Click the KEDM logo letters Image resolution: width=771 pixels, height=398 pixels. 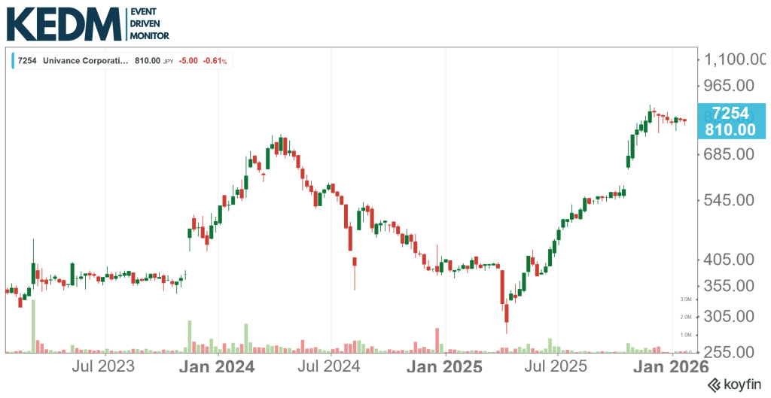click(x=63, y=24)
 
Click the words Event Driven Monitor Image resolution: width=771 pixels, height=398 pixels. click(x=150, y=24)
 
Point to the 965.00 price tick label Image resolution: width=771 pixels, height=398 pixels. click(x=730, y=85)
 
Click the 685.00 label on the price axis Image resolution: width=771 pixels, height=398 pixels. click(x=730, y=153)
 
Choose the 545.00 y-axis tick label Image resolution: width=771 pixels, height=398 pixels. click(x=730, y=200)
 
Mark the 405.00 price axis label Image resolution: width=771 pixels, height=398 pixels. click(x=730, y=259)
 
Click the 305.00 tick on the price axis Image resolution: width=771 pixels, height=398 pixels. click(x=730, y=316)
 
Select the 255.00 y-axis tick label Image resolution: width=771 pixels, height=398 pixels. click(x=730, y=351)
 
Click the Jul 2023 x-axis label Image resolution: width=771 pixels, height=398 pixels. click(x=103, y=367)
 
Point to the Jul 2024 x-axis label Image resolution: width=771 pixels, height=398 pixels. click(x=330, y=367)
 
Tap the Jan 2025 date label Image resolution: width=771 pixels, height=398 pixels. click(x=443, y=367)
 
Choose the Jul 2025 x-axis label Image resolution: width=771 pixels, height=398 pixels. click(x=556, y=367)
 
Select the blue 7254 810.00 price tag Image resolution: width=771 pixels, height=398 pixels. click(x=730, y=121)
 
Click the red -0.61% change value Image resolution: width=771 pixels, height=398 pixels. click(x=218, y=61)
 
